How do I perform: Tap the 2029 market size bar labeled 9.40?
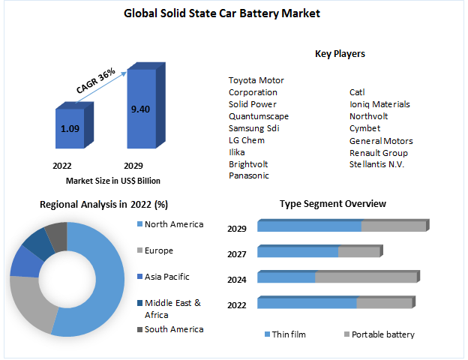click(140, 109)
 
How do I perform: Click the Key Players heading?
click(340, 54)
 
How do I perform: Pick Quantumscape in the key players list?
click(258, 116)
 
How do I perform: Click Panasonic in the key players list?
click(250, 175)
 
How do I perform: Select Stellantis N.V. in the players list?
click(376, 163)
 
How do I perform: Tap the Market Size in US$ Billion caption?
click(112, 181)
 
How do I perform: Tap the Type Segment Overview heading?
click(332, 204)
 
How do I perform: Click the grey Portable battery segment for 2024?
click(365, 277)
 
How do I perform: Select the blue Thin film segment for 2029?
click(309, 226)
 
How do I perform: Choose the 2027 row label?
click(237, 254)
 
